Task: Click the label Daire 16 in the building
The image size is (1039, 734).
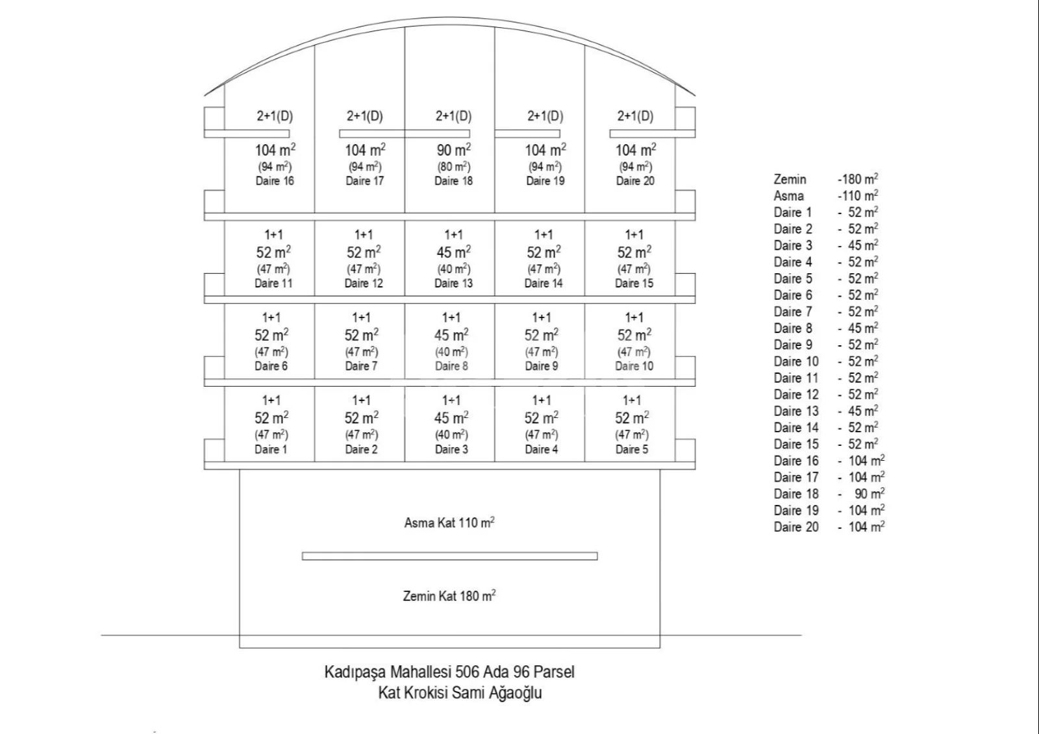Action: coord(275,181)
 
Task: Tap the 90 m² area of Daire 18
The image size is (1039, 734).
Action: coord(453,150)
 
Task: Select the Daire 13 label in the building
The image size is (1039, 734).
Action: coord(453,283)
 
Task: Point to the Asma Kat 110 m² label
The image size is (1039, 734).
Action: coord(449,522)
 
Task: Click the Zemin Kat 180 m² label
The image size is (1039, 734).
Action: coord(449,596)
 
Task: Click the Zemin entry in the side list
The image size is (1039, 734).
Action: coord(790,179)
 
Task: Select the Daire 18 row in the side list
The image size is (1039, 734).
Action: coord(796,494)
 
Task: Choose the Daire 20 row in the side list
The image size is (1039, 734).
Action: coord(796,527)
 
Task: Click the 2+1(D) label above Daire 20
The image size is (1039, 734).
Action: coord(635,116)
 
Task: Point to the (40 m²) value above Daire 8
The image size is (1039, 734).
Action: coord(451,352)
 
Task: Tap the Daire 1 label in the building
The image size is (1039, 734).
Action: coord(271,449)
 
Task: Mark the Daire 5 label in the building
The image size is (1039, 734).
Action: coord(632,449)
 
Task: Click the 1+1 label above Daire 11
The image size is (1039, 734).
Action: coord(273,235)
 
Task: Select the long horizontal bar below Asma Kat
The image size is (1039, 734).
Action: coord(449,556)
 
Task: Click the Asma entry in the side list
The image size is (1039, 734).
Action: coord(788,196)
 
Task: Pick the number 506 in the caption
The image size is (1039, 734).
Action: coord(468,672)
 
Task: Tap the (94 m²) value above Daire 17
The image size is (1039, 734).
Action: coord(364,167)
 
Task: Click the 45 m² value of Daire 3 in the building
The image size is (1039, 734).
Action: coord(451,418)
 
